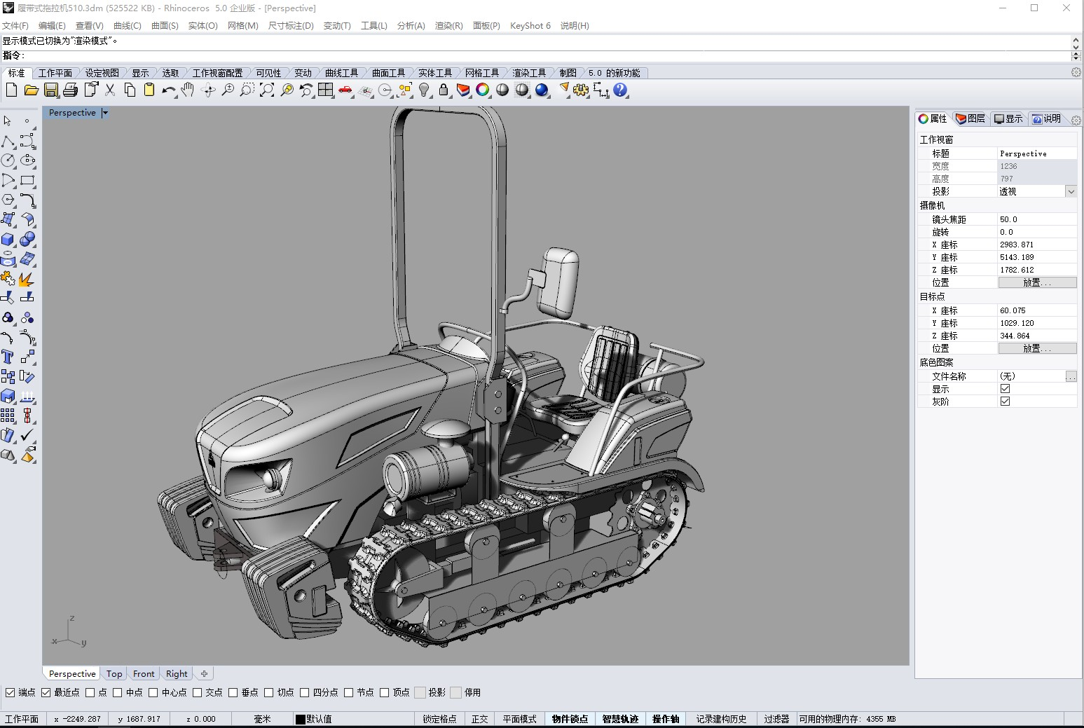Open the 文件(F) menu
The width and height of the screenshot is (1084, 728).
[x=15, y=26]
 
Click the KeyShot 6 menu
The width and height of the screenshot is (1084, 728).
[x=530, y=26]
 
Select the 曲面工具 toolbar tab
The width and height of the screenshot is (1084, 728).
[x=388, y=73]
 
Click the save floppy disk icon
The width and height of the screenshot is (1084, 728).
[x=51, y=90]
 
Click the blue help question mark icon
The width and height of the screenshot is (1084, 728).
[x=620, y=90]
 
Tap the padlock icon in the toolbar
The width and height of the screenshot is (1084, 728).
[x=444, y=90]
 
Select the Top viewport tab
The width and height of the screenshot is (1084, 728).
[x=114, y=673]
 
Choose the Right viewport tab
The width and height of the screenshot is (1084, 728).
[x=177, y=673]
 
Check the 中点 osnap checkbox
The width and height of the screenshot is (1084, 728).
[x=118, y=692]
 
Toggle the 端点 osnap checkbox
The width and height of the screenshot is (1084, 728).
[x=11, y=692]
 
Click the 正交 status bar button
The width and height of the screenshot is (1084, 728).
[x=479, y=719]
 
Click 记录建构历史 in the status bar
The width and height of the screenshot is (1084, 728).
[x=721, y=719]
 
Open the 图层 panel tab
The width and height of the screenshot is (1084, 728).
[x=970, y=118]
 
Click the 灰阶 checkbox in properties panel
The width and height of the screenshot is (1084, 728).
[x=1005, y=401]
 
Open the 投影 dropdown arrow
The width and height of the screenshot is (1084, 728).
[x=1071, y=191]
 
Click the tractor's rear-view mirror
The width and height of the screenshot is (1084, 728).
[x=558, y=282]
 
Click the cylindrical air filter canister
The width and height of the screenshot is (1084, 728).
[x=424, y=467]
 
